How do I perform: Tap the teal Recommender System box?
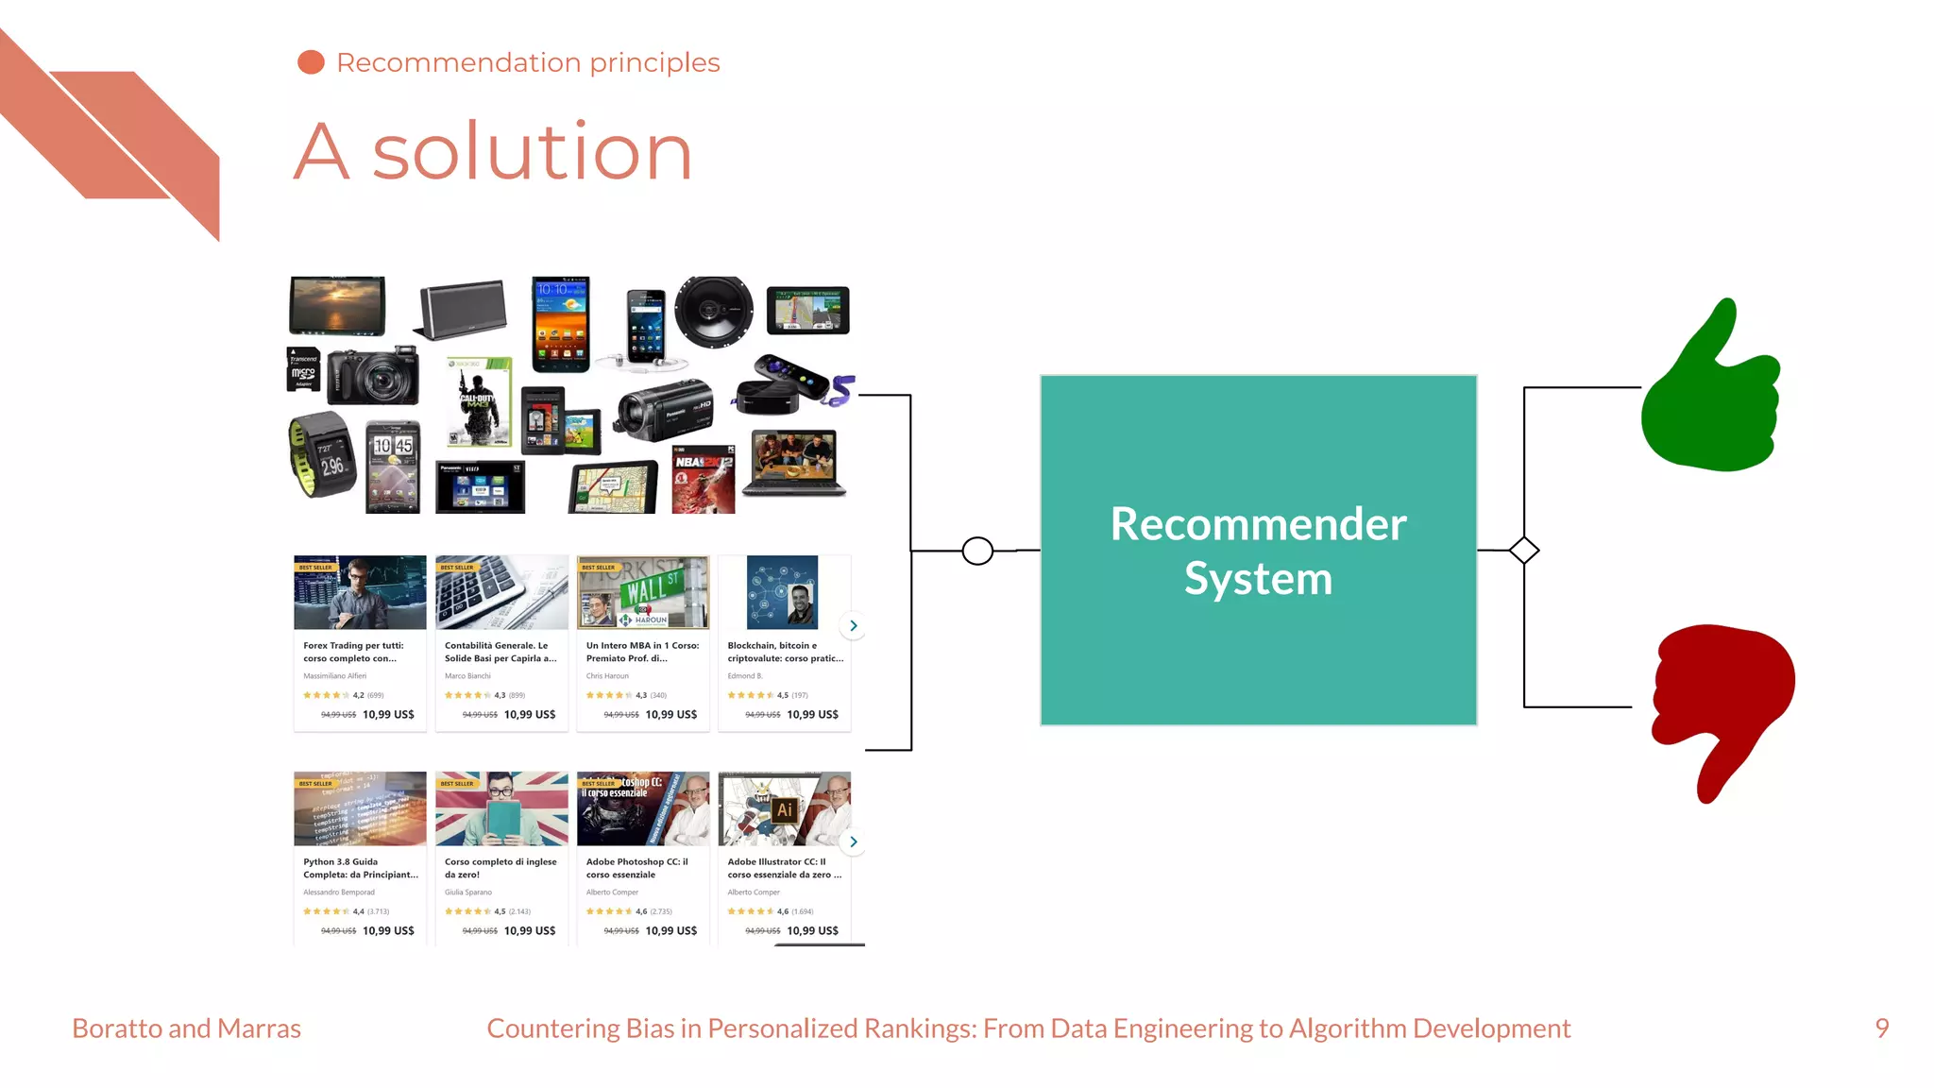[x=1258, y=550]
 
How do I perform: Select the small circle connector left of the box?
[x=977, y=551]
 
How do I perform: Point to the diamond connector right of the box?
[x=1523, y=551]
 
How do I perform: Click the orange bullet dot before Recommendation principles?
[x=311, y=62]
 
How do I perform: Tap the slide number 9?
[x=1881, y=1028]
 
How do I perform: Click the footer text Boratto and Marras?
[x=187, y=1028]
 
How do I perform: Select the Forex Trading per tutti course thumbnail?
[x=360, y=593]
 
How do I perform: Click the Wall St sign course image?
[x=643, y=593]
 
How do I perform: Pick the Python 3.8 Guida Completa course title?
[x=360, y=868]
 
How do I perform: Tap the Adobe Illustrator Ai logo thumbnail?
[x=785, y=809]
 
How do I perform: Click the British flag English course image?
[x=501, y=809]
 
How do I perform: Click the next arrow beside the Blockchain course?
[x=853, y=625]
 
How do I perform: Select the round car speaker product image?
[x=714, y=312]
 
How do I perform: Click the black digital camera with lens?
[x=375, y=377]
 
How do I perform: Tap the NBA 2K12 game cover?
[x=704, y=480]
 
